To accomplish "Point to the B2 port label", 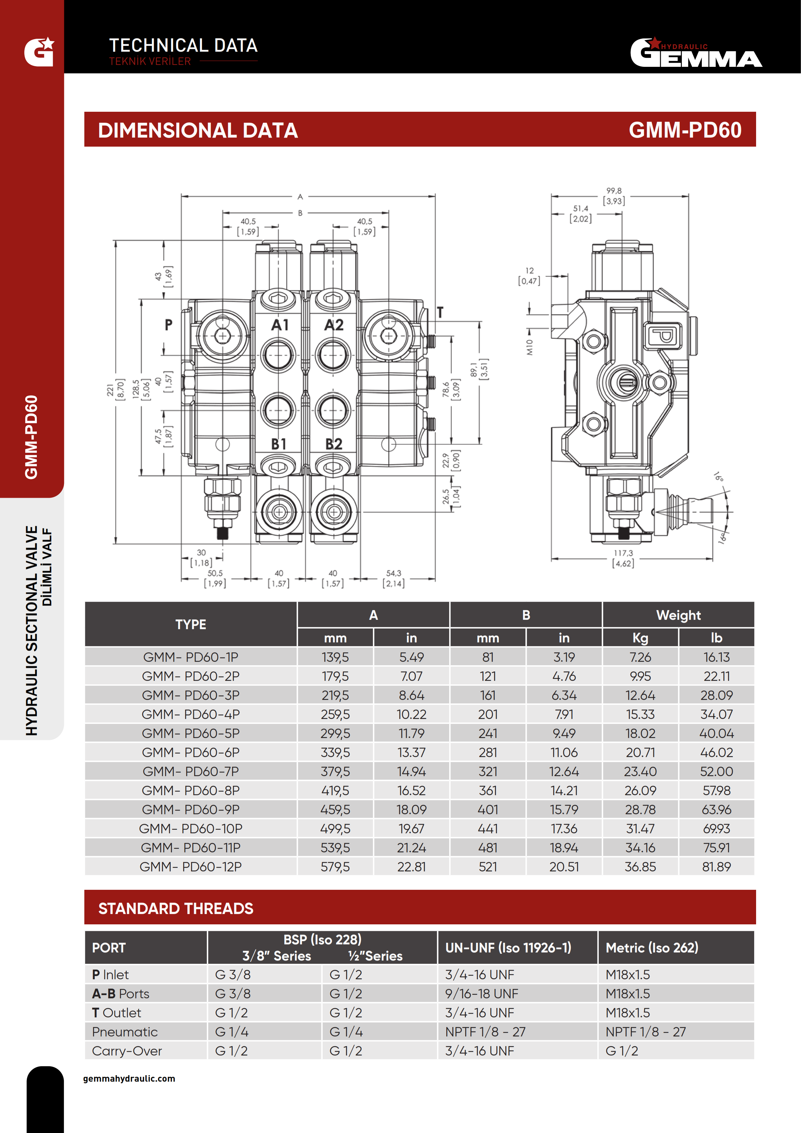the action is pos(334,444).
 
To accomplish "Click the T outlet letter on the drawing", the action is pos(440,312).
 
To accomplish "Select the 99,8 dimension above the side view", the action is pos(614,191).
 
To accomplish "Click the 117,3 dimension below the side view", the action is pos(623,553).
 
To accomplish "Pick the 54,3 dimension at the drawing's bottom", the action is pos(393,573).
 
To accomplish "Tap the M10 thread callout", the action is pos(530,348).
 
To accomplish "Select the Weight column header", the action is pos(678,615).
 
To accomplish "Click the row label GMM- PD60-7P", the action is pos(191,771).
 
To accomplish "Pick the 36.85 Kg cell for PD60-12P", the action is pos(640,867).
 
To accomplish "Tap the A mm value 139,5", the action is pos(335,657).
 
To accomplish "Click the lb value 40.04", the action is pos(716,733).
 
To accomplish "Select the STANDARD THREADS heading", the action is pos(176,909).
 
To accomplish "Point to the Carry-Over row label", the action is pos(127,1051).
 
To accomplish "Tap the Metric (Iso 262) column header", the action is pos(651,948).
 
